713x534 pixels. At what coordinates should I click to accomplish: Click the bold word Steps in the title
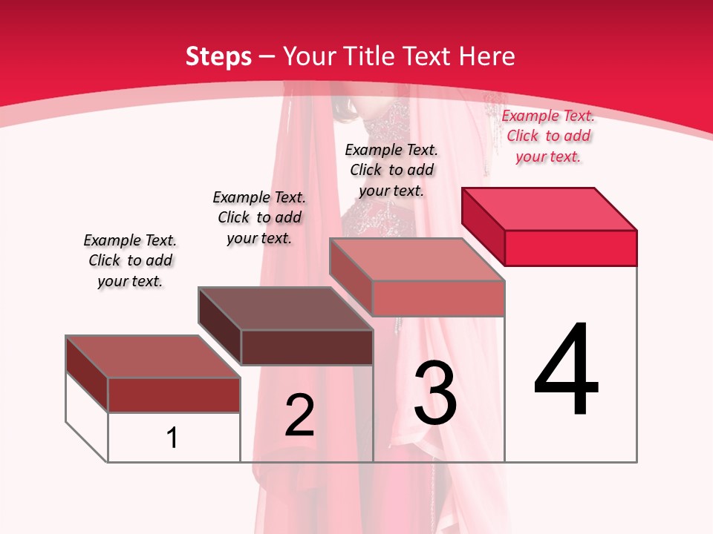click(x=218, y=56)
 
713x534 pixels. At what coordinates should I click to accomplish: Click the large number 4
click(x=567, y=370)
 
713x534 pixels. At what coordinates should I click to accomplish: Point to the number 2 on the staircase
click(x=299, y=415)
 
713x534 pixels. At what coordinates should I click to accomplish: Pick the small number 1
click(x=172, y=438)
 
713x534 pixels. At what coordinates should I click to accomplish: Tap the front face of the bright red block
click(x=570, y=248)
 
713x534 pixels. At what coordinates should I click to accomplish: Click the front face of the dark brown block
click(x=307, y=347)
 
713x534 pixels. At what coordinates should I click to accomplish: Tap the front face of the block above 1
click(x=174, y=395)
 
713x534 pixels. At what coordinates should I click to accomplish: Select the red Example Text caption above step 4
click(x=548, y=136)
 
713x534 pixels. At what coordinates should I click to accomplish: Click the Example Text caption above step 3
click(x=391, y=170)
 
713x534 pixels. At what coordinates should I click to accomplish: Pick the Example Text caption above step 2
click(x=259, y=217)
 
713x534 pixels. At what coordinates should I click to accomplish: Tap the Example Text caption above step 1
click(x=130, y=260)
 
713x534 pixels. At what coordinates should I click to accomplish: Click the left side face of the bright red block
click(x=483, y=225)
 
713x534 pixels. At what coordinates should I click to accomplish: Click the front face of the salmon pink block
click(x=438, y=298)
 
